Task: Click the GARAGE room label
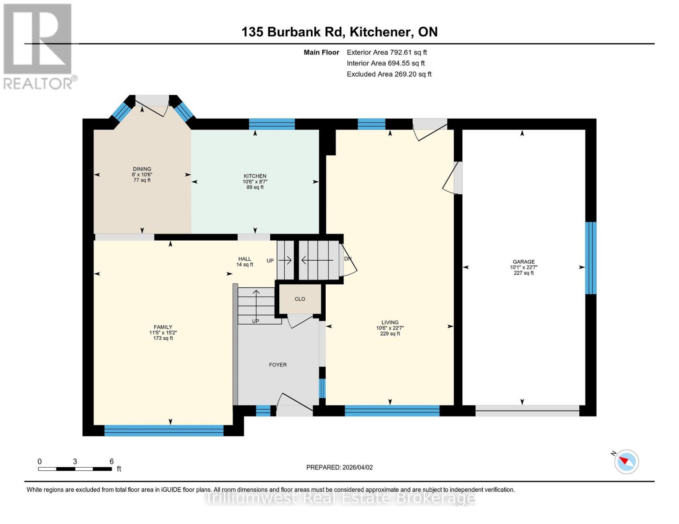(x=523, y=262)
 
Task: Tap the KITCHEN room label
(x=255, y=176)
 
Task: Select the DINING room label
(x=142, y=169)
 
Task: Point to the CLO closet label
(x=300, y=299)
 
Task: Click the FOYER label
(x=278, y=365)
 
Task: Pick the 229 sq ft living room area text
(x=390, y=334)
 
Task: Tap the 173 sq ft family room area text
(x=163, y=338)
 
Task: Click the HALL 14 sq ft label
(x=244, y=262)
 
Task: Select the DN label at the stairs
(x=348, y=259)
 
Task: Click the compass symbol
(x=626, y=461)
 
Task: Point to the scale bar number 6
(x=111, y=462)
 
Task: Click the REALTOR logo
(x=38, y=46)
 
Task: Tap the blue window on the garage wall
(x=591, y=258)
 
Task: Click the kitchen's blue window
(x=272, y=124)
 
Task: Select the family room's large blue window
(x=164, y=430)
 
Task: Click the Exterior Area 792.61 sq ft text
(x=387, y=52)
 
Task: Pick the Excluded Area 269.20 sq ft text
(x=389, y=74)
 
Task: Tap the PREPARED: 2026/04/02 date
(x=339, y=467)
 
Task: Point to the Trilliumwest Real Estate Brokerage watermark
(x=340, y=497)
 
